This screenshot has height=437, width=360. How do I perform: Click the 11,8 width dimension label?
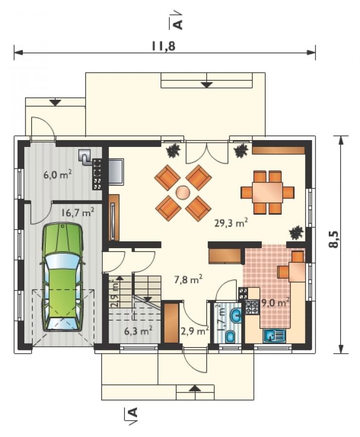164,46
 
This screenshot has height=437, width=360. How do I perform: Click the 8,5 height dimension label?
333,239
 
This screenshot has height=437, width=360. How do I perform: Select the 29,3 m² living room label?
231,223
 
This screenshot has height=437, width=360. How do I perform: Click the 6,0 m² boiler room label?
58,175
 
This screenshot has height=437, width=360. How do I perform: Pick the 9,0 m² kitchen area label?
275,302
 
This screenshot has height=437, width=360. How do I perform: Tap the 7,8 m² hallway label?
188,279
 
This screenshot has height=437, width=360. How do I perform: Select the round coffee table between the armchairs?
183,193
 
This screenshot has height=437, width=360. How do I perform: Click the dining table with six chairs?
268,192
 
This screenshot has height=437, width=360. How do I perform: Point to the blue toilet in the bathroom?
231,336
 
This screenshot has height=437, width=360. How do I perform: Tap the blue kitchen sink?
274,335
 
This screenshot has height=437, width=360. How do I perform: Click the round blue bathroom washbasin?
237,315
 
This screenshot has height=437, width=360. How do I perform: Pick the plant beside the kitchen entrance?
296,233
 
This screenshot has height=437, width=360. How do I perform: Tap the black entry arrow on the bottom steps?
195,388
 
